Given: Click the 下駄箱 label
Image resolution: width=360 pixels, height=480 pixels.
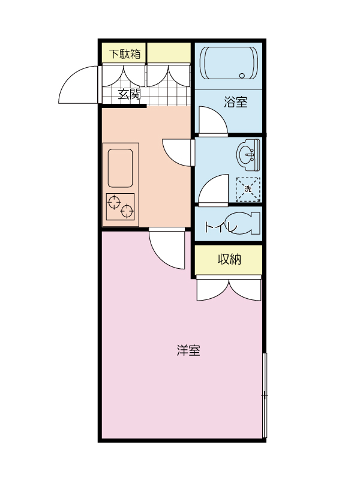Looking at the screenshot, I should coord(125,53).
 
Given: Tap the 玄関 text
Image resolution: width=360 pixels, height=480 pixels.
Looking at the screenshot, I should coord(128,94).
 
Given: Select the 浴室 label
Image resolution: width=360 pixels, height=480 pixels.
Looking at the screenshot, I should coord(236,102).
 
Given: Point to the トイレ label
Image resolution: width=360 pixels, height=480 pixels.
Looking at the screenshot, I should coord(218,227).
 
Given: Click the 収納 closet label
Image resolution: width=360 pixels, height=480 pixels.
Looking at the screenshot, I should coord(229,260).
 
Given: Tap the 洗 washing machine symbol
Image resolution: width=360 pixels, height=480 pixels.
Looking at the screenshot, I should coord(248,188).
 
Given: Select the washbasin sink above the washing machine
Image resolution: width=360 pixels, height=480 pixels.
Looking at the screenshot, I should coord(248,154).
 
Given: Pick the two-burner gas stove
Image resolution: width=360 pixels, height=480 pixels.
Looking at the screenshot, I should coord(121,207).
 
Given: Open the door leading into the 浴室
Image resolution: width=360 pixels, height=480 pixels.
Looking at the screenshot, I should coord(211,120).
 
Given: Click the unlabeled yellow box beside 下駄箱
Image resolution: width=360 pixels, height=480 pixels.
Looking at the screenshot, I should coord(169,53).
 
